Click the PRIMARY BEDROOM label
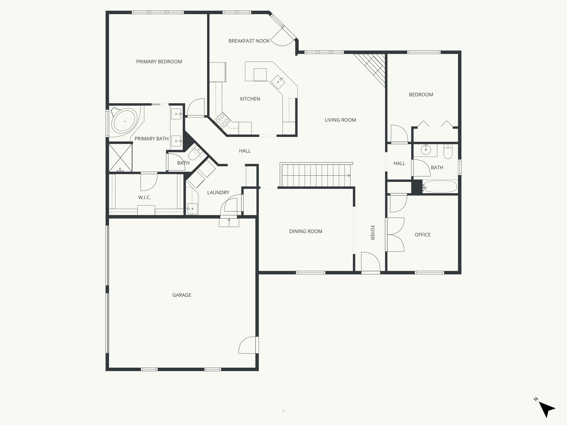(x=159, y=62)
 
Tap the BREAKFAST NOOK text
(x=249, y=41)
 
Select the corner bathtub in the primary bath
(x=125, y=121)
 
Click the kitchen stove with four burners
(x=222, y=121)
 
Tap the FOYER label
(x=372, y=232)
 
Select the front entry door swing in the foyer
(x=370, y=261)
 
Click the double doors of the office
(x=395, y=235)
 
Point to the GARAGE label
(x=182, y=295)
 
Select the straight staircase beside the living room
(x=316, y=175)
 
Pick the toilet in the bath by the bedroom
(x=448, y=152)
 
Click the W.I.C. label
(x=144, y=197)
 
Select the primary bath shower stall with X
(x=120, y=157)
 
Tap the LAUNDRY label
(x=218, y=192)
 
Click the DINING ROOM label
(x=306, y=231)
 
